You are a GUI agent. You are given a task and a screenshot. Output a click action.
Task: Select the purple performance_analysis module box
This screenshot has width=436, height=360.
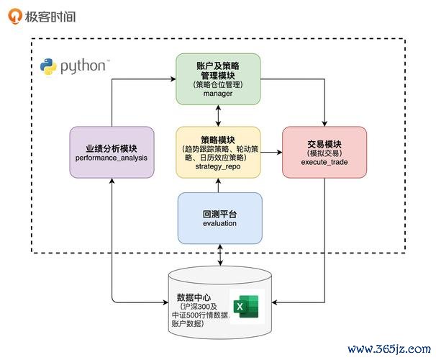click(112, 152)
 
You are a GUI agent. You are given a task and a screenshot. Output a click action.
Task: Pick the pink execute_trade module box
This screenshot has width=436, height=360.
click(324, 152)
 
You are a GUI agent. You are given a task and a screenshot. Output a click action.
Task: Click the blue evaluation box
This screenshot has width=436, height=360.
click(219, 217)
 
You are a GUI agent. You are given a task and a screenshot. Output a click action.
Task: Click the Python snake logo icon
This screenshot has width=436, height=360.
click(49, 67)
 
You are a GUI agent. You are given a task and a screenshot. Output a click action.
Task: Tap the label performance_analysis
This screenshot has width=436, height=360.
click(112, 157)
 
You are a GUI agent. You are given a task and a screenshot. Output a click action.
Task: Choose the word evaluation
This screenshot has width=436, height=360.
click(219, 223)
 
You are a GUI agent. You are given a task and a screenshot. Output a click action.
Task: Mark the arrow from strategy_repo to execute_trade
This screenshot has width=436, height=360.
click(271, 153)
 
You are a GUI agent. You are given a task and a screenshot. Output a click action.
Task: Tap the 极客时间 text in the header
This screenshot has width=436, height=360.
click(49, 16)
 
